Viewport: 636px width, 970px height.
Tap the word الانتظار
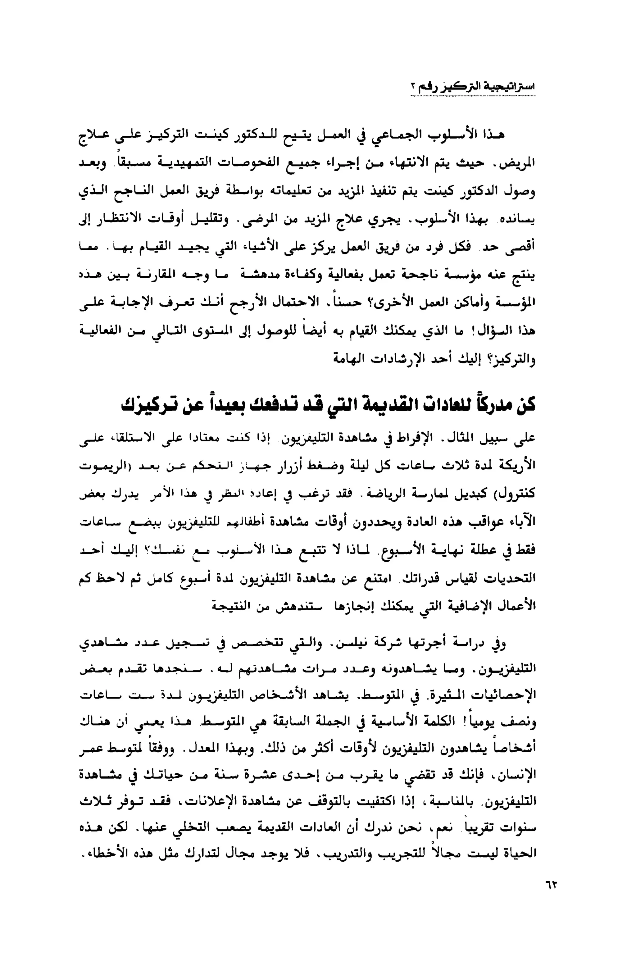tap(122, 219)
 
